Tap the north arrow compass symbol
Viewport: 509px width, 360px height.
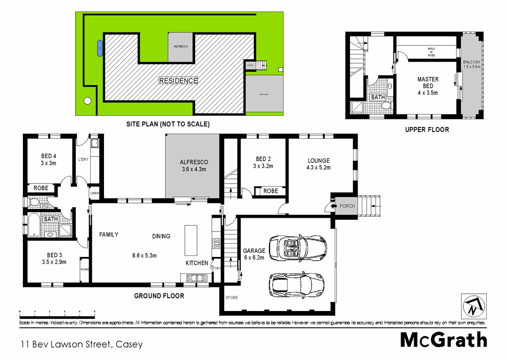473,305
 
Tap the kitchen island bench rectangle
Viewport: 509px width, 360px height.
191,241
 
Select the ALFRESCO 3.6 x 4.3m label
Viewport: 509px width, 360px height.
194,166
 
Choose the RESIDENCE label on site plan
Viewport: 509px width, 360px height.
178,81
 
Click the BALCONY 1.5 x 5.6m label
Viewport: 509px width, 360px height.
471,64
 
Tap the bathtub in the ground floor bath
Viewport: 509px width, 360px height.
33,226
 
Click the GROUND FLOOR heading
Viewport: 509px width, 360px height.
159,296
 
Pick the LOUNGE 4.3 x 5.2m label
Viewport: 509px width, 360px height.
318,164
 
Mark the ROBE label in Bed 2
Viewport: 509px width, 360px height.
271,191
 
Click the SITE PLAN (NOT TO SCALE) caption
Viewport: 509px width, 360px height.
168,124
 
